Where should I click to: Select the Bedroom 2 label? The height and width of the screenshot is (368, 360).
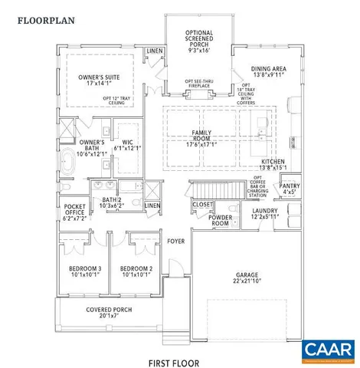(135, 271)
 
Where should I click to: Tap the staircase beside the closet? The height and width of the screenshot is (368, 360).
(210, 189)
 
